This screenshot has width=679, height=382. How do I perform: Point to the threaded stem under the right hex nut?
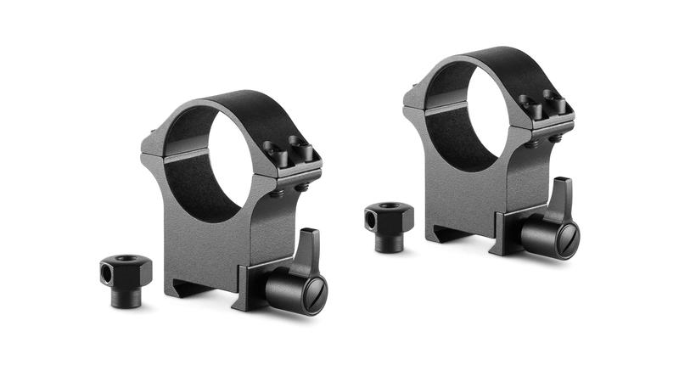(390, 241)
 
